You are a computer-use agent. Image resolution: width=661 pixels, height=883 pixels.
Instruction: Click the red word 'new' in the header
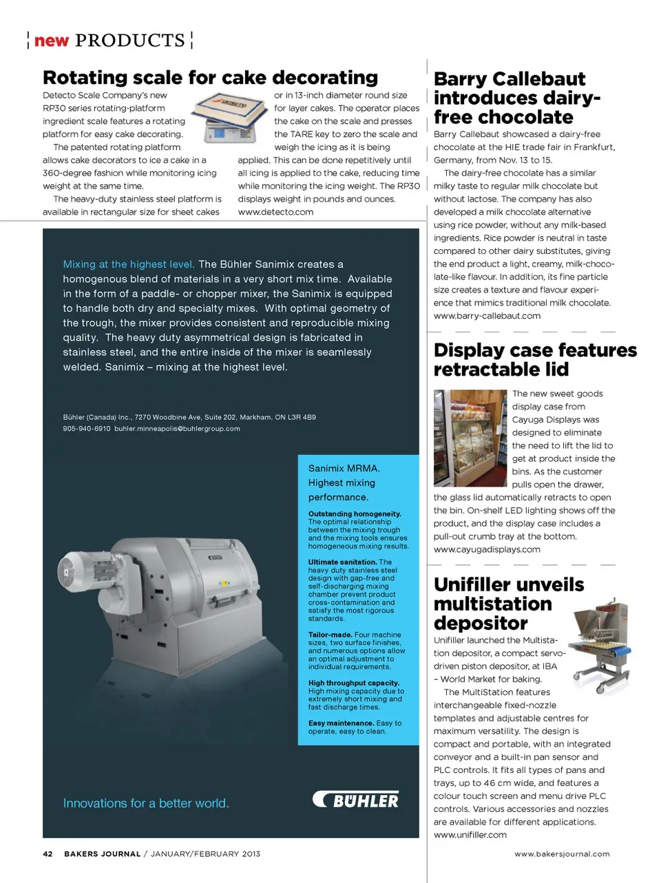click(52, 41)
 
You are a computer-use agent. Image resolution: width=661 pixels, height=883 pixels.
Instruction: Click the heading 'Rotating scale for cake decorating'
click(210, 77)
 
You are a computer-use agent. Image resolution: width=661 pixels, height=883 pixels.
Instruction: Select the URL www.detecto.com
click(275, 212)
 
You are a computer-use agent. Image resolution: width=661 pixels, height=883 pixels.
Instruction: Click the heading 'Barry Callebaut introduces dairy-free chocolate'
click(516, 98)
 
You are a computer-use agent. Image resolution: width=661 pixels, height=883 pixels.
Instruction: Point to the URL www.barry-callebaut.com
click(487, 316)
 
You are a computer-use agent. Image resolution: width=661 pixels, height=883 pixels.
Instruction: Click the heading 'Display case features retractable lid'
click(535, 359)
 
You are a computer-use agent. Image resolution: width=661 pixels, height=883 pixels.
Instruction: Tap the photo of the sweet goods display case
click(470, 438)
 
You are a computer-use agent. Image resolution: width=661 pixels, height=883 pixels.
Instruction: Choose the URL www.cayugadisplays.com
click(486, 549)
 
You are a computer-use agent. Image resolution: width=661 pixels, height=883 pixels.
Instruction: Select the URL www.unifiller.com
click(470, 835)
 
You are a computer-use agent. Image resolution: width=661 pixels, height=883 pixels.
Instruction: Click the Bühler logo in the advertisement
click(356, 800)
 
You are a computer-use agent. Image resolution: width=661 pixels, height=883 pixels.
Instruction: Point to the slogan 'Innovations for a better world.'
click(146, 803)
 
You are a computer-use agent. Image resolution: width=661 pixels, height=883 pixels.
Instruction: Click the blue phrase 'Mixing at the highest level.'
click(129, 264)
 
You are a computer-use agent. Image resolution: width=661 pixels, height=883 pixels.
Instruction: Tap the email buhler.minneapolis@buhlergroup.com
click(177, 429)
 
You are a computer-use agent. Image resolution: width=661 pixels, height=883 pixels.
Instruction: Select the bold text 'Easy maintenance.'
click(341, 723)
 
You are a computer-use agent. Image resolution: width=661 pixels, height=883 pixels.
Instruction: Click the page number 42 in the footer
click(48, 854)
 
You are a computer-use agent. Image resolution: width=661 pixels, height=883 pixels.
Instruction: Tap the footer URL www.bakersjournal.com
click(562, 854)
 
